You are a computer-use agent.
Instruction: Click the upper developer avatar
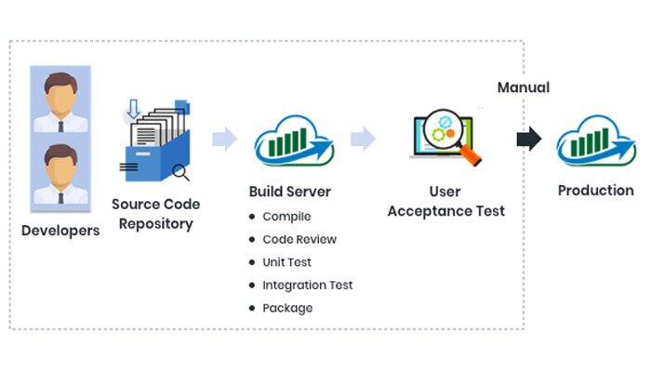[61, 100]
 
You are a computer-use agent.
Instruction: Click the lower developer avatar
[61, 171]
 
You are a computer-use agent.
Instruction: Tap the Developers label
[60, 231]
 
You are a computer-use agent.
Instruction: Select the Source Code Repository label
[155, 213]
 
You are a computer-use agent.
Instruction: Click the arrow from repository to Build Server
[224, 140]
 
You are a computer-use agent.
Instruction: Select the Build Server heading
[290, 193]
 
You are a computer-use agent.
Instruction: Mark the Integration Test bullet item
[308, 286]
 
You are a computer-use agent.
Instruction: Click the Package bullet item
[287, 308]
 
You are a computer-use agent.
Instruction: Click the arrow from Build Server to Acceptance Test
[363, 140]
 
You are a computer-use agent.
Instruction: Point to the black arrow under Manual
[528, 140]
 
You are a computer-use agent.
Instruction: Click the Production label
[595, 191]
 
